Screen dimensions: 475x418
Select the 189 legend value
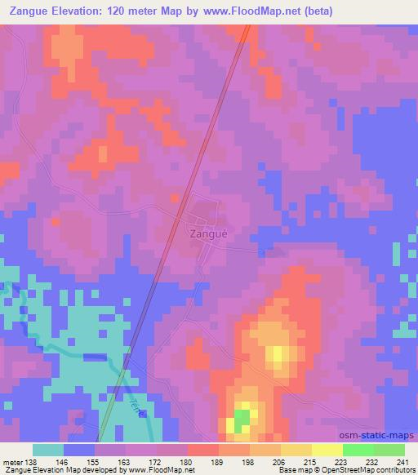tap(218, 461)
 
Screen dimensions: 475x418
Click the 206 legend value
tap(280, 461)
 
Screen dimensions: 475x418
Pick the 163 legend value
tap(123, 461)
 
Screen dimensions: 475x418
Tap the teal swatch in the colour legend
tap(48, 450)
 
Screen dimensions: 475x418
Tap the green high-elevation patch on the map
tap(242, 420)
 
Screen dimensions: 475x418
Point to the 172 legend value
tap(155, 461)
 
